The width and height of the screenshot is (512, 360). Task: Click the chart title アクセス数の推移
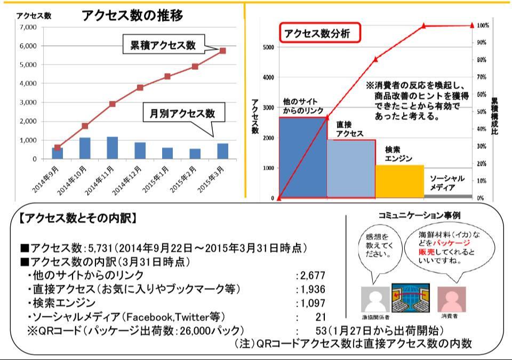(133, 16)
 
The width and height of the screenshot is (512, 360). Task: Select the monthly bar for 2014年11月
(112, 148)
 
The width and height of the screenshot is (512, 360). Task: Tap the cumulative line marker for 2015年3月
(223, 51)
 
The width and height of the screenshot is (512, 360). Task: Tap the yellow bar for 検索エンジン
(399, 181)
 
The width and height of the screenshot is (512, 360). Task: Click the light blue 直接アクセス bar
(351, 169)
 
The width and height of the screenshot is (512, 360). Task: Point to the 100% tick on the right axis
(483, 26)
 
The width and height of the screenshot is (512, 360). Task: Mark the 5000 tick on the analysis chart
(268, 47)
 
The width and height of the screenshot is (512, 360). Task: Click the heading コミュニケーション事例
(419, 215)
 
